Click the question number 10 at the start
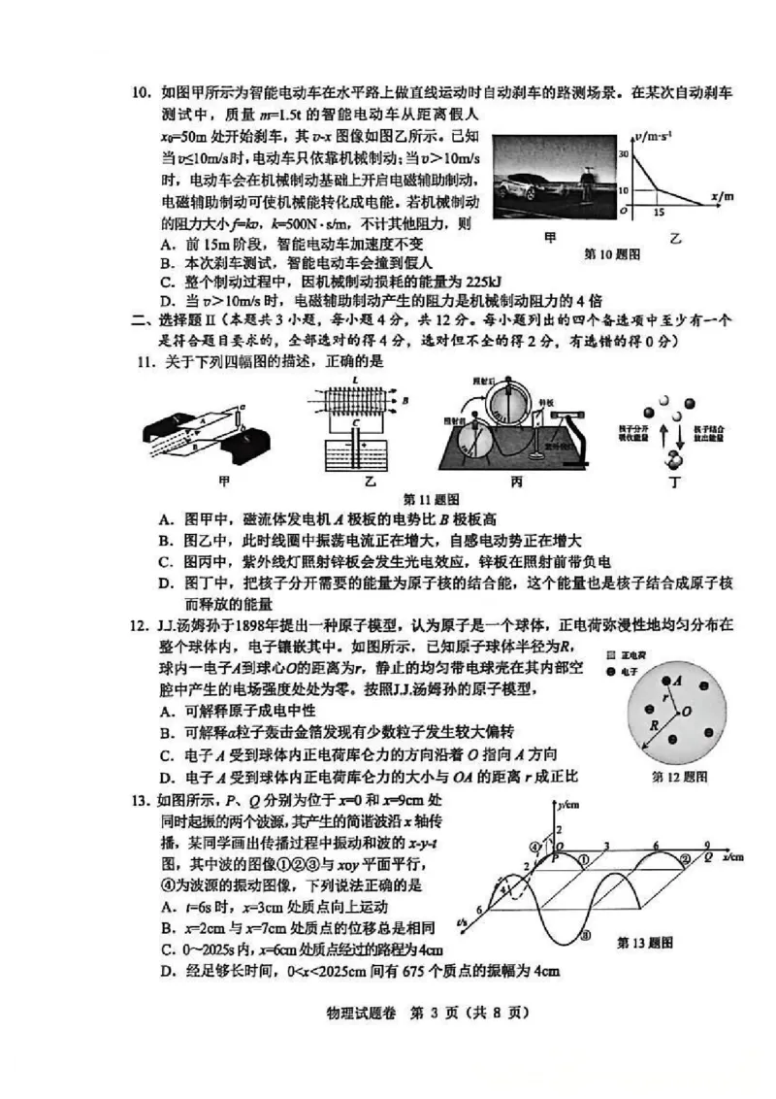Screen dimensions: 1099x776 click(x=143, y=93)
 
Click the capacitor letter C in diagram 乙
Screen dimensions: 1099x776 click(x=358, y=423)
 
